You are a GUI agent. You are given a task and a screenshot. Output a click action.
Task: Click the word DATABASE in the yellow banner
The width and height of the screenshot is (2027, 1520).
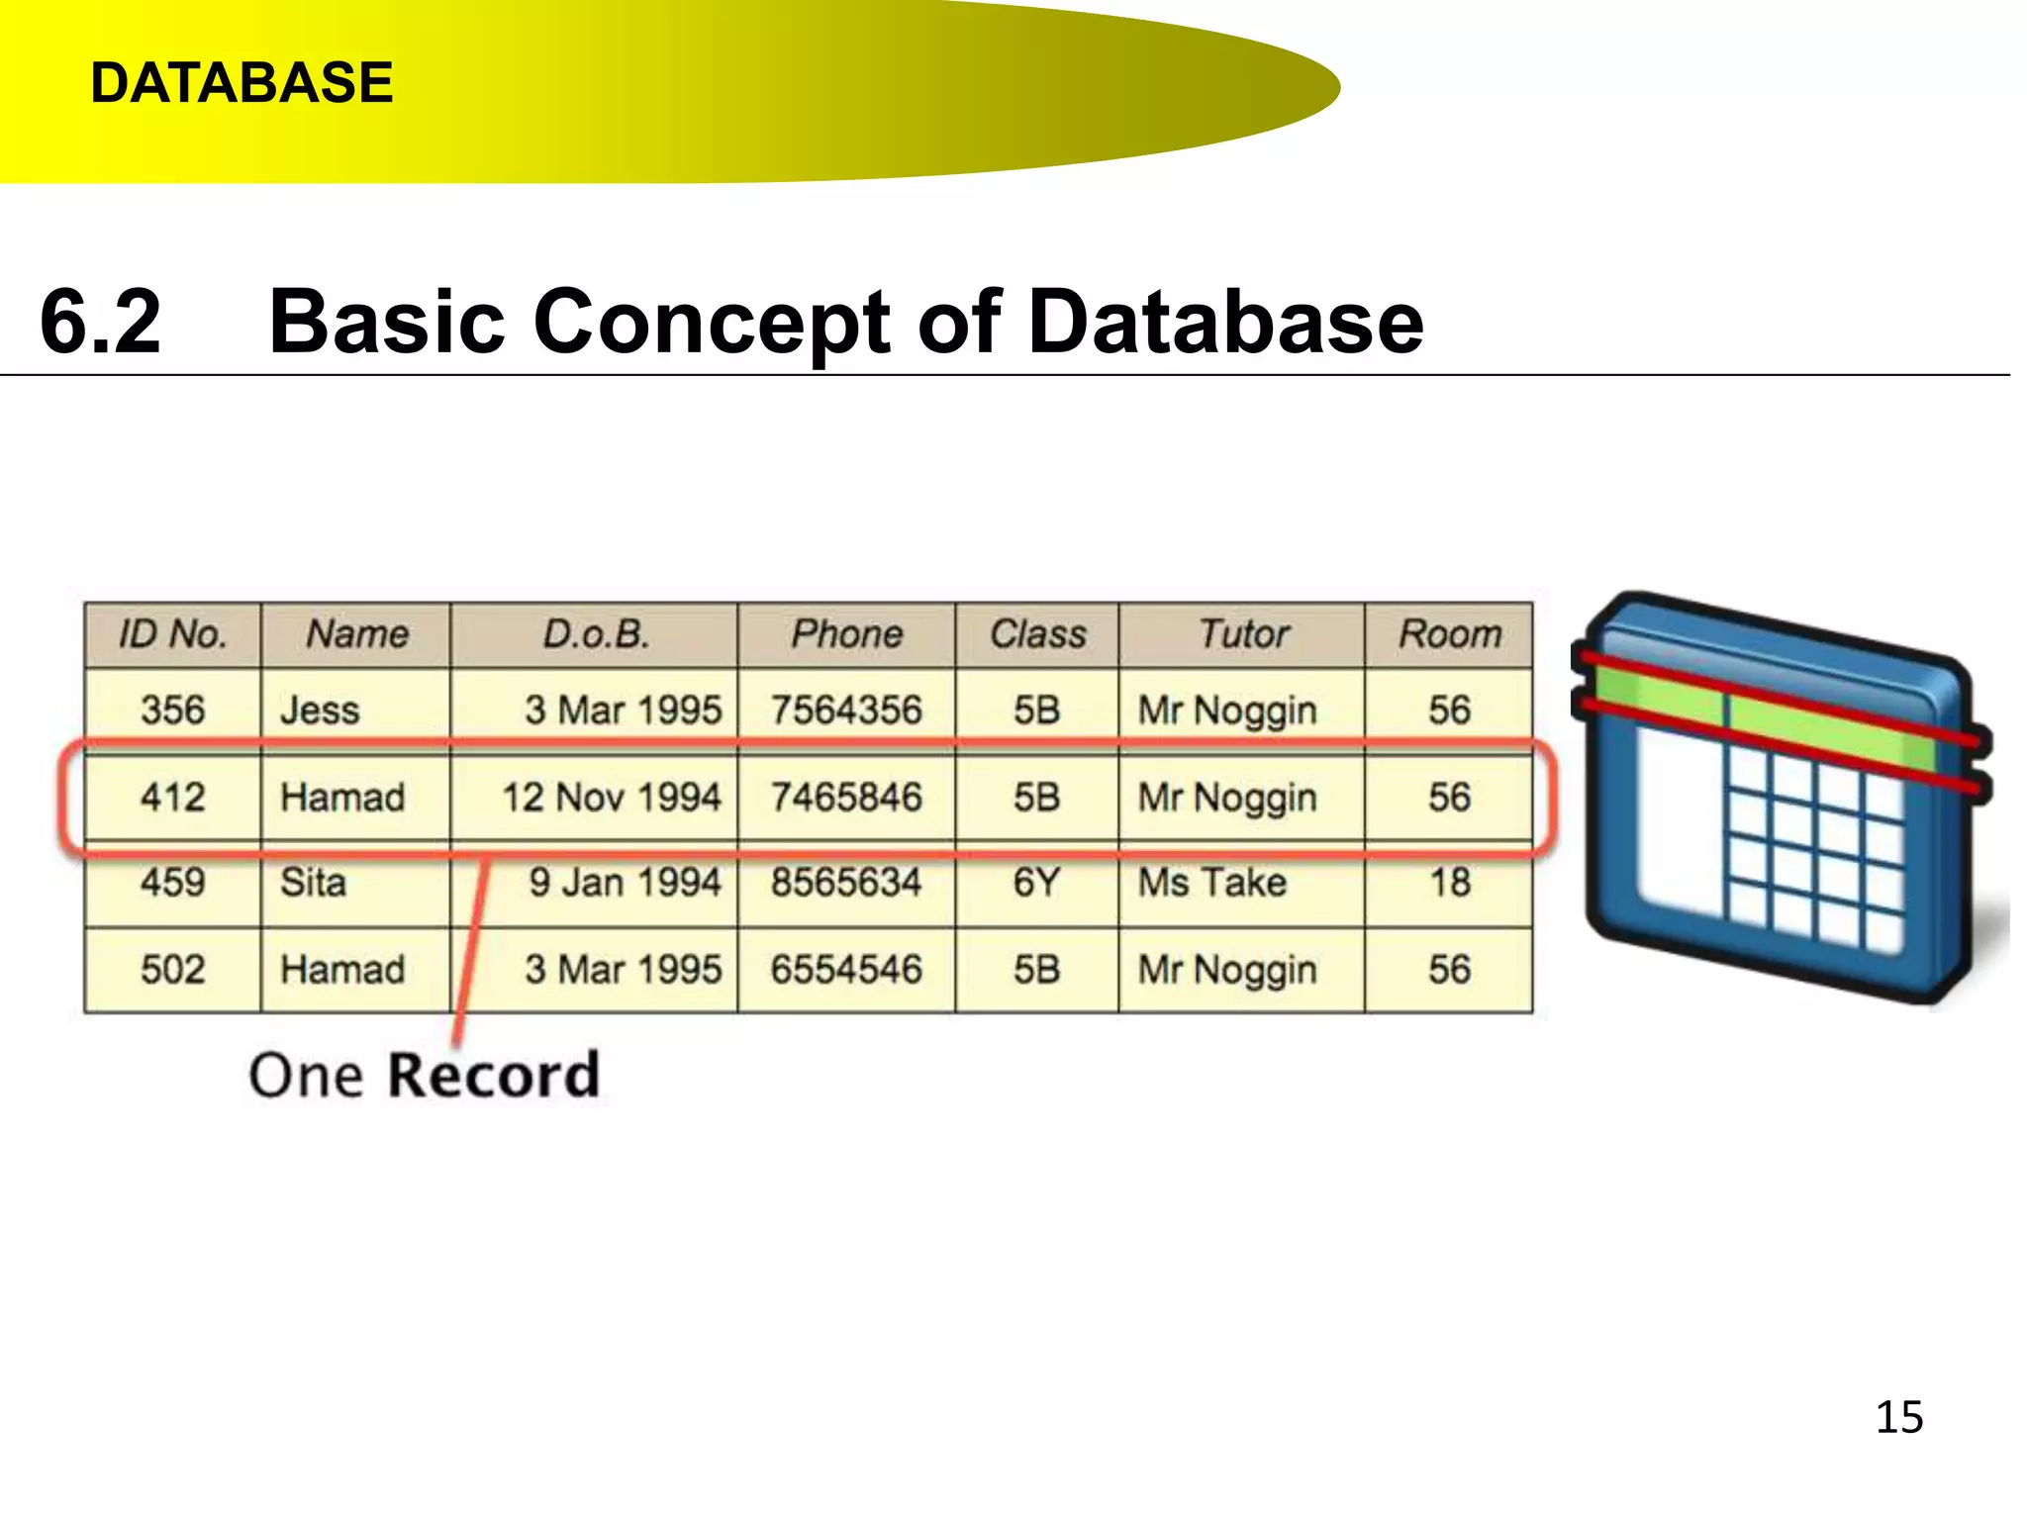click(241, 82)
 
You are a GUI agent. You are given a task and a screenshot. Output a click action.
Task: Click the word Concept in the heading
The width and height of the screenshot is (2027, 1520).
click(713, 323)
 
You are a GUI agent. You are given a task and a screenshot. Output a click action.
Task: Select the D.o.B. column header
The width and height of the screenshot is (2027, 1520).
click(595, 634)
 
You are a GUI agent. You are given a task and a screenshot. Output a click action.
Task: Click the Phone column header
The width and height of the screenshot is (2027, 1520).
click(846, 634)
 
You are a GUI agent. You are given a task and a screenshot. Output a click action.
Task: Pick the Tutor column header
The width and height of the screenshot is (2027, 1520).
click(1243, 634)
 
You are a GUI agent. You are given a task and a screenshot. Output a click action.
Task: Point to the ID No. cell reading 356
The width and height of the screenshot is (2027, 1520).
click(172, 710)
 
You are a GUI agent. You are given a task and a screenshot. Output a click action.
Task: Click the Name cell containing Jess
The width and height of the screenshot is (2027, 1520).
click(320, 711)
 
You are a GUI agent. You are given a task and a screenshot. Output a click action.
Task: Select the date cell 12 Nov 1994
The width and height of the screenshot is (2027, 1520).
click(612, 797)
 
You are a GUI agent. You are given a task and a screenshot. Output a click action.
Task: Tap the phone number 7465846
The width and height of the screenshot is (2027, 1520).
click(846, 797)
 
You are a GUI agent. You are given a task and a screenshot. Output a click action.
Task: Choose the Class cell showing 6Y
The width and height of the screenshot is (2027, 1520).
click(1036, 882)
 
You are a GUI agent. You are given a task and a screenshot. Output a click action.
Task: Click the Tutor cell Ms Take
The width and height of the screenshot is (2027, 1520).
click(1212, 882)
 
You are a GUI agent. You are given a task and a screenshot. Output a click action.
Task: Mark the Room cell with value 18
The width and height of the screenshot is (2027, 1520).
click(1450, 882)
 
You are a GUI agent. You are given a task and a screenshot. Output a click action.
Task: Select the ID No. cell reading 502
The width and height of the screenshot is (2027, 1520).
click(172, 969)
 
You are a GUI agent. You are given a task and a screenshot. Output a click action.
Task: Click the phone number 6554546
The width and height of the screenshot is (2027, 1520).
click(846, 969)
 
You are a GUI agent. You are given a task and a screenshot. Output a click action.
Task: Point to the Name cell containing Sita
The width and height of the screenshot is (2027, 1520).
click(313, 882)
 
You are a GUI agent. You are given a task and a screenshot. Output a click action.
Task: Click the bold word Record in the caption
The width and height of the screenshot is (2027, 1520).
click(493, 1075)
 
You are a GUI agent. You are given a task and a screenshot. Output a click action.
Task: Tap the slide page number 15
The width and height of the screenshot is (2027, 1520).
click(1898, 1417)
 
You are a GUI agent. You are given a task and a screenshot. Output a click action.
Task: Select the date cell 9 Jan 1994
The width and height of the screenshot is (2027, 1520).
click(624, 882)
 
